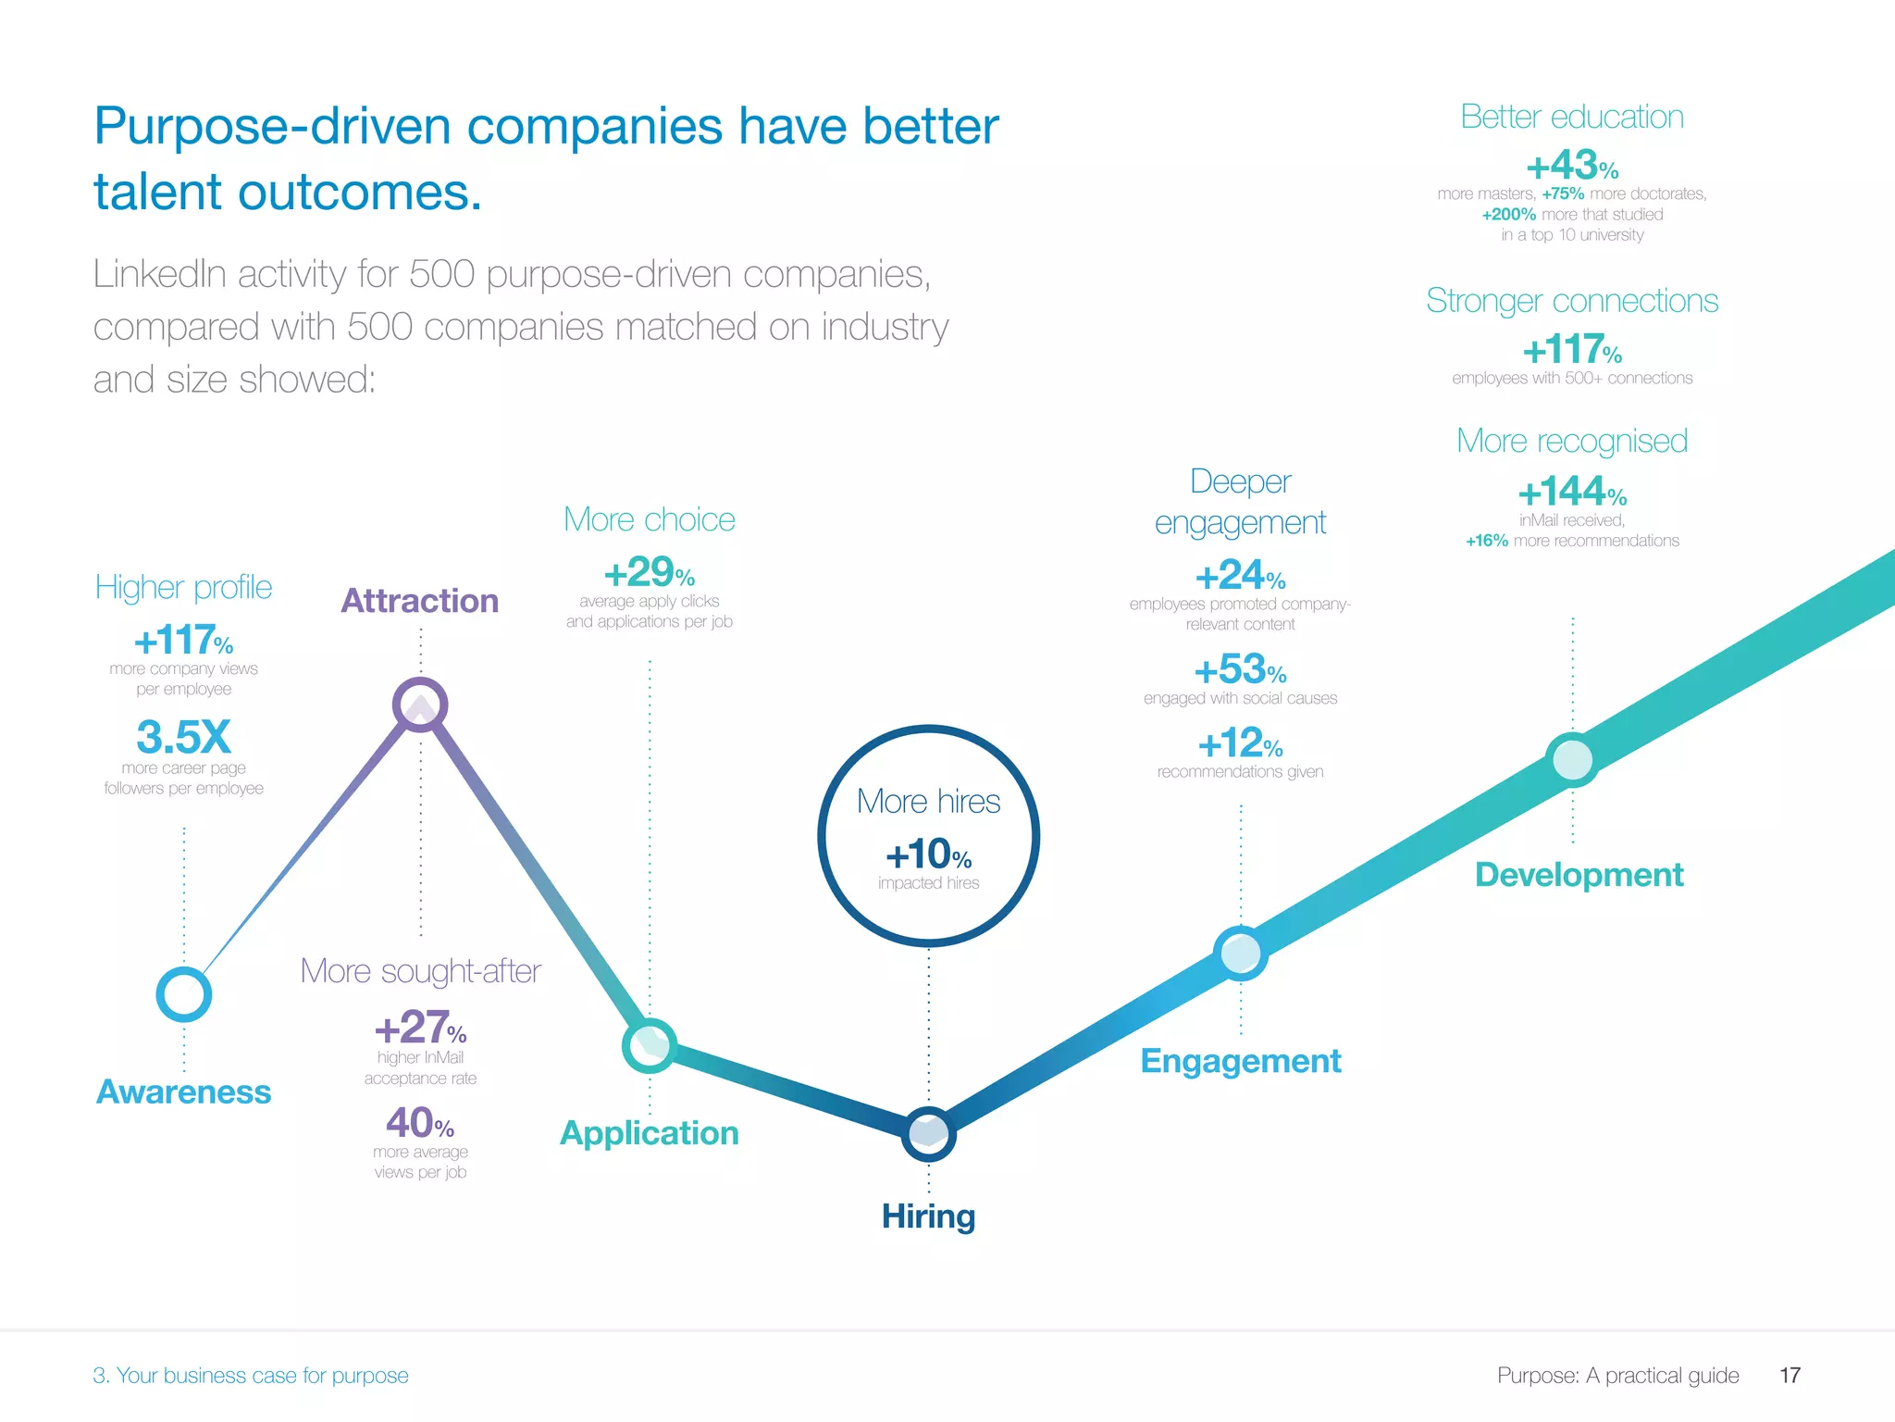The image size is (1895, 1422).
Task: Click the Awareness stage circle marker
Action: point(184,994)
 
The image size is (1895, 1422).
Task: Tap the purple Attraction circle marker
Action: point(420,705)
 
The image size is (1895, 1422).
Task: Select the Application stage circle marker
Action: point(650,1046)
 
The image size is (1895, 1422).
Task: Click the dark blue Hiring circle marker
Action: point(928,1133)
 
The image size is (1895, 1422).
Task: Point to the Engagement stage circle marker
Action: point(1240,953)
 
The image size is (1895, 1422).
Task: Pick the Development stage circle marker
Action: point(1572,760)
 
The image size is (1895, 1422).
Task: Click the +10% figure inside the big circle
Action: point(928,854)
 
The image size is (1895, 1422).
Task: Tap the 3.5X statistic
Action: point(183,738)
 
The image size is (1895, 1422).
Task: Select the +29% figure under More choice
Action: point(649,572)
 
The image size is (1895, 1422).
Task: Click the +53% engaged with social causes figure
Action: point(1240,669)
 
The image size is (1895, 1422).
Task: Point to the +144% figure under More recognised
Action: point(1571,492)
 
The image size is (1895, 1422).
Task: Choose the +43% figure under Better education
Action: point(1571,167)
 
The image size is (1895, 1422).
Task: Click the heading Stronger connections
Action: point(1571,301)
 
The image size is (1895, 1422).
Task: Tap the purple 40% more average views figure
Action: point(420,1123)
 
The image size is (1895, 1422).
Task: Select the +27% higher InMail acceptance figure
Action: point(420,1028)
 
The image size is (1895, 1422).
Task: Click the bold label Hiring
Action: point(928,1216)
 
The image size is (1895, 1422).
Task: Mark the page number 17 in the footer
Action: point(1790,1376)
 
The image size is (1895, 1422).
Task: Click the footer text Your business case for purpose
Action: point(262,1376)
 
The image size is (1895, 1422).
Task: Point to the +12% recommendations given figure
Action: point(1240,743)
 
